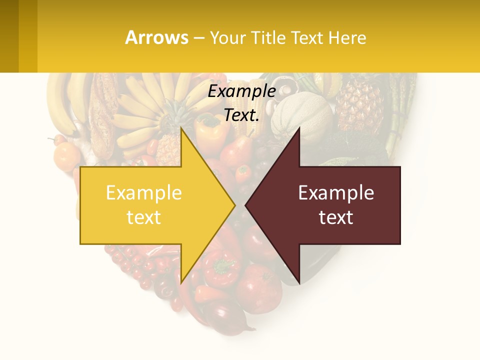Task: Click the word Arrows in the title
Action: [x=157, y=37]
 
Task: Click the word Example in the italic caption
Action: [x=242, y=91]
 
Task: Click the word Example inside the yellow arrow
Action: [x=144, y=192]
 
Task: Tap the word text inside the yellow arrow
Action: [x=144, y=217]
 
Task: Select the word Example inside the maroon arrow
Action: [x=336, y=192]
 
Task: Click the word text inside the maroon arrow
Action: [x=336, y=217]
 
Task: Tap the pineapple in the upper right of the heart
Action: [x=359, y=105]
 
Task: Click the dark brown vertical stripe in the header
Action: [x=9, y=36]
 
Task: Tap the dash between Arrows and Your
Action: [x=198, y=38]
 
